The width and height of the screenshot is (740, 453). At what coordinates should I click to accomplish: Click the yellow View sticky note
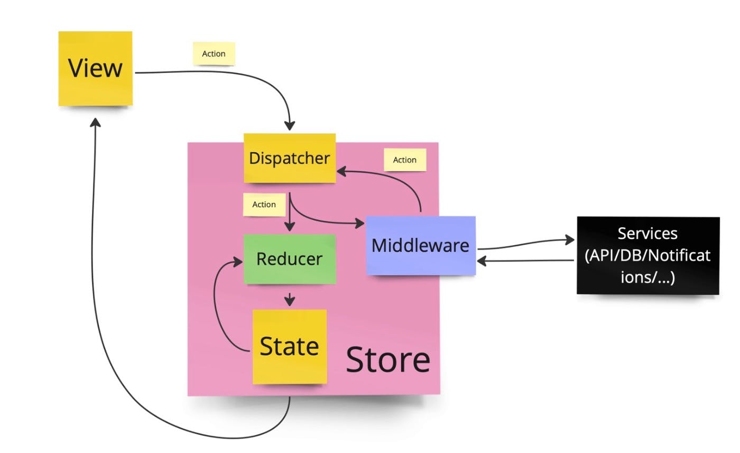(95, 69)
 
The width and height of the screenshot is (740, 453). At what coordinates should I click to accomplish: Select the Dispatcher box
(290, 158)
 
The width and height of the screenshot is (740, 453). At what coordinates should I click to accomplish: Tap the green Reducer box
(289, 259)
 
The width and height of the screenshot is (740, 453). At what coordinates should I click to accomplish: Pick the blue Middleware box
(421, 245)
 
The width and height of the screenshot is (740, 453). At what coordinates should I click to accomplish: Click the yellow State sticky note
(290, 347)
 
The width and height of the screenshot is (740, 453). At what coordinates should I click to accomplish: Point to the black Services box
(648, 255)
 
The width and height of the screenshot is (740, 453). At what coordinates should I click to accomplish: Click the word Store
(388, 359)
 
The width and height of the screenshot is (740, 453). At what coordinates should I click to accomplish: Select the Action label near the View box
(214, 54)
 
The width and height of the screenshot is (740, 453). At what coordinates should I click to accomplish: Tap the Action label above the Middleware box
(405, 160)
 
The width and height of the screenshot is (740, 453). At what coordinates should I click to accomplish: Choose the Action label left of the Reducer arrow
(264, 205)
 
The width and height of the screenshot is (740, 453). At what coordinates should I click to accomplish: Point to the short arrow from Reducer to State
(289, 299)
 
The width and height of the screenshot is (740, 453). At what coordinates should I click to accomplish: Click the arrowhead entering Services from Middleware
(569, 239)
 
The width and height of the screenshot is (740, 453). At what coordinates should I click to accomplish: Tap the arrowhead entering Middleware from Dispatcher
(362, 223)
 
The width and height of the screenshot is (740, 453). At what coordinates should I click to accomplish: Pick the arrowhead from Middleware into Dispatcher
(341, 171)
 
